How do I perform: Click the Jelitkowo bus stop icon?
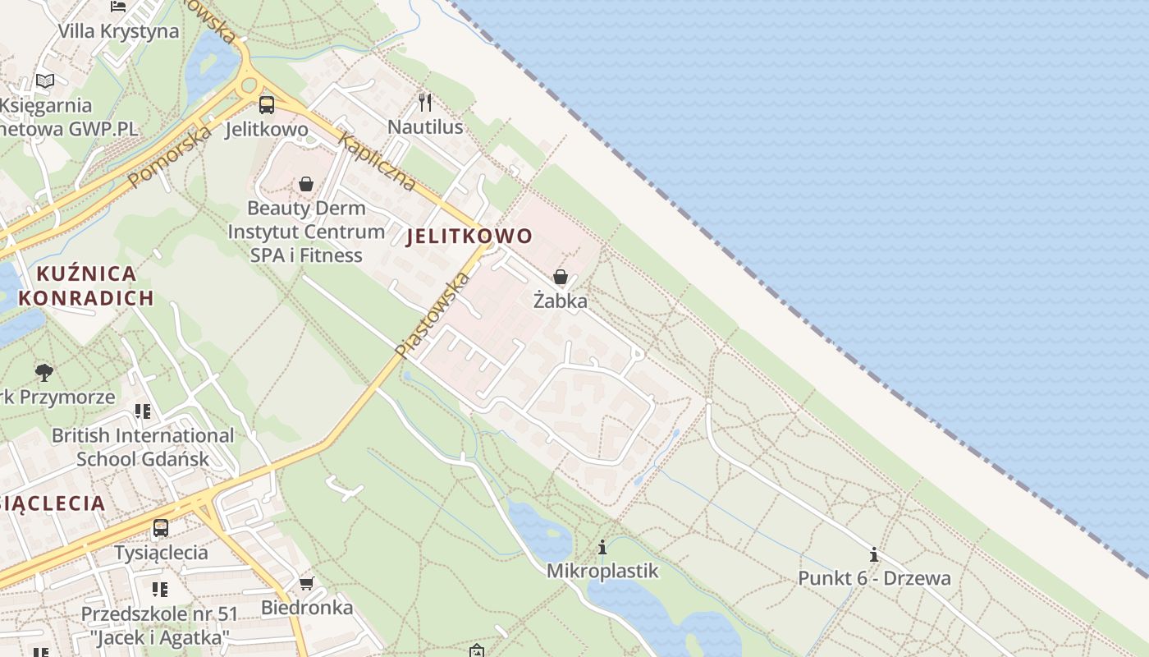click(267, 104)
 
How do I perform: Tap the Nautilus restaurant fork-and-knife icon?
click(425, 102)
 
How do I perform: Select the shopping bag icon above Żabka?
click(561, 277)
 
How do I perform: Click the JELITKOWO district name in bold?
click(469, 237)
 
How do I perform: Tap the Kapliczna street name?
click(378, 162)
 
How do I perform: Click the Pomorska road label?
click(170, 155)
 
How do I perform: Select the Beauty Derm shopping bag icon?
click(306, 183)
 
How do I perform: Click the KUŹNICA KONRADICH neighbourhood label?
click(86, 285)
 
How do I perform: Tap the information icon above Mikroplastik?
click(602, 547)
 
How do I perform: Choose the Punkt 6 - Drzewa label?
click(874, 577)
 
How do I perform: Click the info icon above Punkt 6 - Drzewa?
click(874, 554)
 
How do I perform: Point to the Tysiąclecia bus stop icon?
click(161, 528)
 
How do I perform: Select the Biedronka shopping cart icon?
click(306, 583)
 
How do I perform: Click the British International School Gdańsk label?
click(143, 447)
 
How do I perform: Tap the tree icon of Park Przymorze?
click(44, 373)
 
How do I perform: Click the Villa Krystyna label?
click(118, 31)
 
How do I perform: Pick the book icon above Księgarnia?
click(45, 80)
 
